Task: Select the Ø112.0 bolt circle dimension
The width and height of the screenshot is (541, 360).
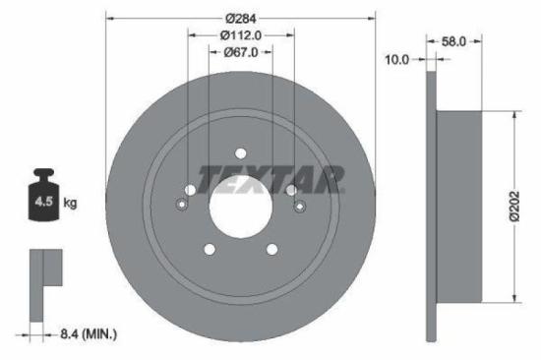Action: [x=241, y=36]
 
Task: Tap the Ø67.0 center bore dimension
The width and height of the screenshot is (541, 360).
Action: [x=241, y=53]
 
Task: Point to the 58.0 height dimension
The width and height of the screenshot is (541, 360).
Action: [x=454, y=42]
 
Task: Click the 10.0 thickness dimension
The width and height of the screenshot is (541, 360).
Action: [x=397, y=60]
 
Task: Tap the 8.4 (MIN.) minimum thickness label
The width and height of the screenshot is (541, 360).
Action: [x=86, y=335]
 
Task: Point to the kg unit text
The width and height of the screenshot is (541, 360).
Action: [x=70, y=204]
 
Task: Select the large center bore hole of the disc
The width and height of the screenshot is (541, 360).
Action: [x=240, y=207]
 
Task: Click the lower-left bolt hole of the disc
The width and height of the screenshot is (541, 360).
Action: [x=208, y=250]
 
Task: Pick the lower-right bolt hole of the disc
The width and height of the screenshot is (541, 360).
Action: [x=272, y=250]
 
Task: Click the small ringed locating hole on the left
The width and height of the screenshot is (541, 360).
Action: [x=180, y=205]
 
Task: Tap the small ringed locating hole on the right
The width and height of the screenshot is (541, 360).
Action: [x=301, y=205]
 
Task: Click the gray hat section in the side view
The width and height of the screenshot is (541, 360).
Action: [x=458, y=207]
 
